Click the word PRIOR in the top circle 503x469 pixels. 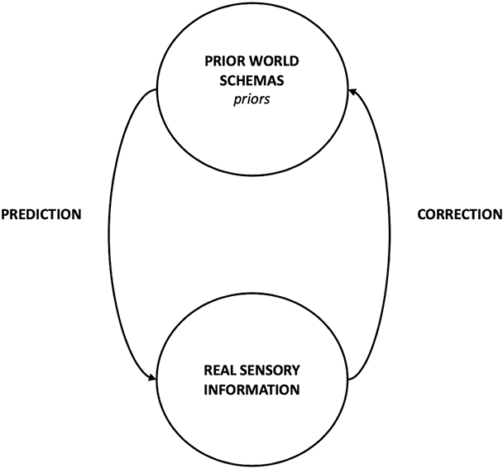[221, 61]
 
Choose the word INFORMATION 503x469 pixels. [251, 388]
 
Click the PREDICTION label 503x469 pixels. [41, 214]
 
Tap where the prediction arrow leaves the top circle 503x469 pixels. [155, 90]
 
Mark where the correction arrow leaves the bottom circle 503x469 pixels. [348, 380]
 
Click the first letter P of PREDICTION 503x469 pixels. [5, 214]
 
